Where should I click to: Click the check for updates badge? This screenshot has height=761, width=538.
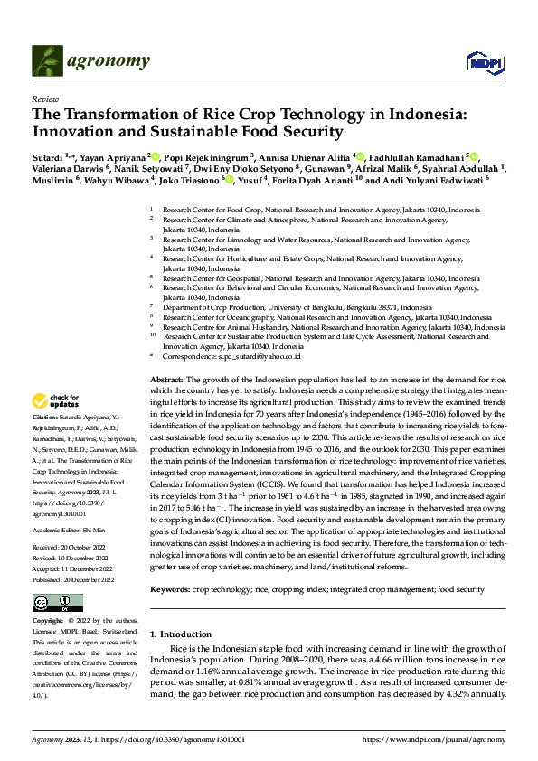click(x=57, y=401)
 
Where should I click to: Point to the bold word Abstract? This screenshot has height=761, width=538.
click(x=166, y=380)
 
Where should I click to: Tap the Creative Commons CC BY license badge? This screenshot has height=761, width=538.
click(x=57, y=603)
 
